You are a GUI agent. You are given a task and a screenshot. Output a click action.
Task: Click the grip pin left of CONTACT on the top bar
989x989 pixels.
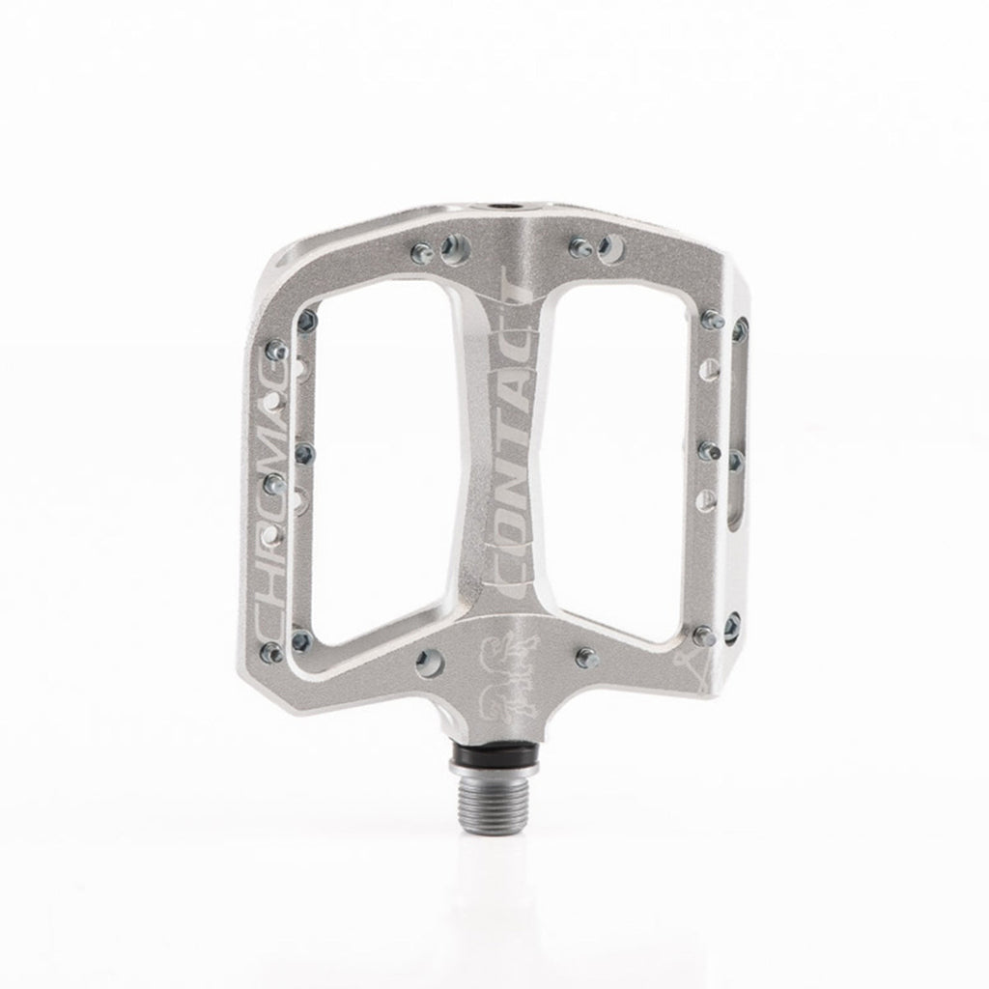pyautogui.click(x=420, y=254)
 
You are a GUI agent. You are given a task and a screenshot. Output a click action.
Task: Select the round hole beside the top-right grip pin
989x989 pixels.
pyautogui.click(x=609, y=247)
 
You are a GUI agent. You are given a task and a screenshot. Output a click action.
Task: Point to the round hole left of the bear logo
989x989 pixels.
pyautogui.click(x=425, y=663)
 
